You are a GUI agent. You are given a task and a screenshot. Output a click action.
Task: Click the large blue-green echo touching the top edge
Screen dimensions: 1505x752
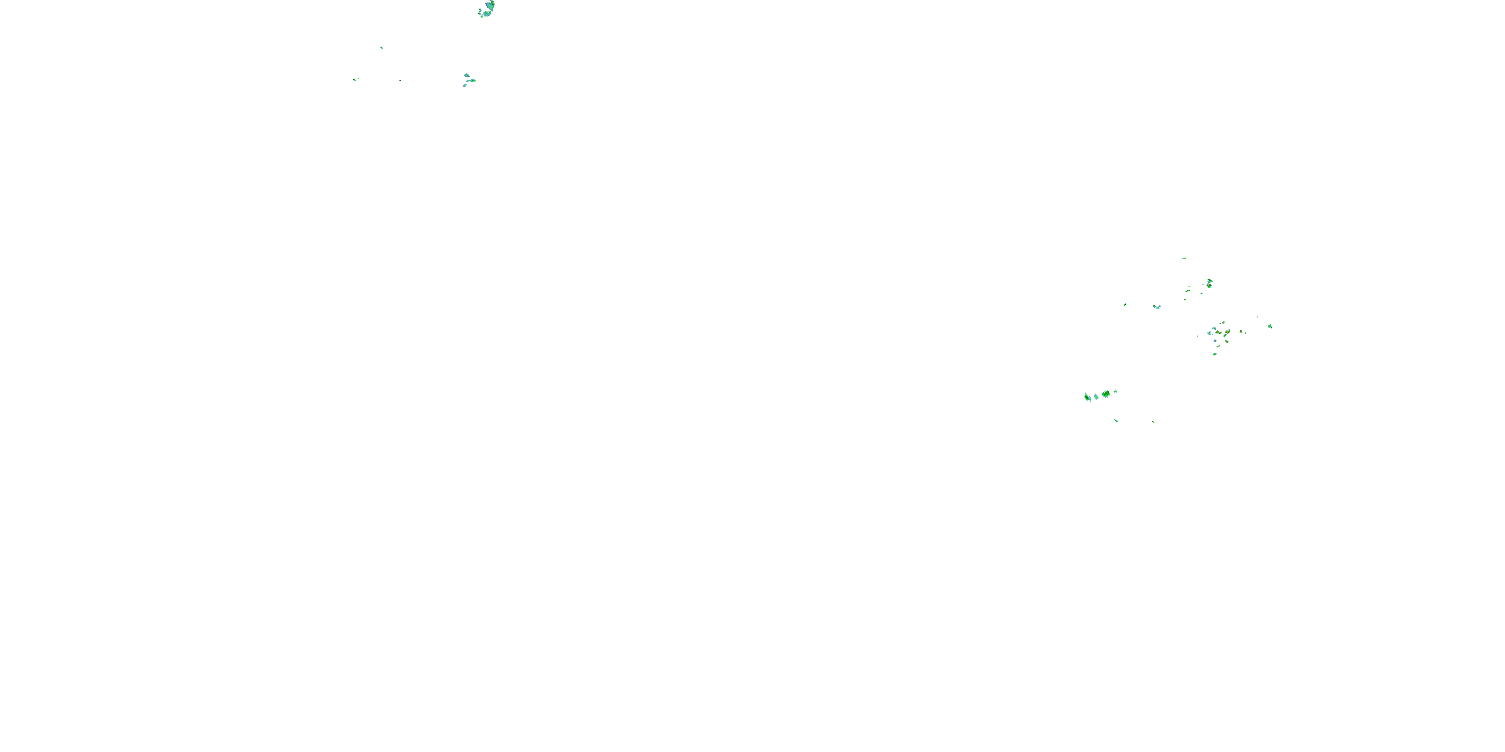pyautogui.click(x=487, y=8)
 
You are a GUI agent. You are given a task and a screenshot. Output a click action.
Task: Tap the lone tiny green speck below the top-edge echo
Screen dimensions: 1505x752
pyautogui.click(x=381, y=47)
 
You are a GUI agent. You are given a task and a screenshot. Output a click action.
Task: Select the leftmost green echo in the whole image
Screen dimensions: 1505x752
pyautogui.click(x=355, y=79)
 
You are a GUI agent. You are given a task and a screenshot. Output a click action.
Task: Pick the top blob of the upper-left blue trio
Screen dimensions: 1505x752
pyautogui.click(x=466, y=75)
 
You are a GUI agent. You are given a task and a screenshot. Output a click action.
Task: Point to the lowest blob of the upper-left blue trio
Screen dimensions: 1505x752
pyautogui.click(x=465, y=86)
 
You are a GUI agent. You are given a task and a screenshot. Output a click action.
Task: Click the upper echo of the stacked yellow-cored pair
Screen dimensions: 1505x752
pyautogui.click(x=1210, y=281)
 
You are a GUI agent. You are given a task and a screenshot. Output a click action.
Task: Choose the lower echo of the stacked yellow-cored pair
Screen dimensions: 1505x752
pyautogui.click(x=1209, y=286)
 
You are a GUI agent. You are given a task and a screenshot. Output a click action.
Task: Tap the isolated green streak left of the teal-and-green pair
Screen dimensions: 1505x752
pyautogui.click(x=1125, y=305)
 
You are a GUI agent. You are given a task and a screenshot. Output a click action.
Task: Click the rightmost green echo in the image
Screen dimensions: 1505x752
pyautogui.click(x=1270, y=326)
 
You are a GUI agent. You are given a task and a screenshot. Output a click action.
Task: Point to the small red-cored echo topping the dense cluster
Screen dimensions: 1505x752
pyautogui.click(x=1222, y=323)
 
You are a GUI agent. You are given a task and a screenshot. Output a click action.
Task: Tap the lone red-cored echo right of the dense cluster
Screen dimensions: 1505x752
pyautogui.click(x=1240, y=331)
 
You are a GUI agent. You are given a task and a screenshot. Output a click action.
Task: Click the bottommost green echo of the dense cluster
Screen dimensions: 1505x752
pyautogui.click(x=1215, y=354)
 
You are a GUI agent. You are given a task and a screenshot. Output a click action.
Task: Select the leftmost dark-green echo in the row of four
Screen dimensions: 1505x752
pyautogui.click(x=1087, y=398)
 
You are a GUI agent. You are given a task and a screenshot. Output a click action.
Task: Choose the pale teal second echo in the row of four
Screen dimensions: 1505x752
pyautogui.click(x=1096, y=397)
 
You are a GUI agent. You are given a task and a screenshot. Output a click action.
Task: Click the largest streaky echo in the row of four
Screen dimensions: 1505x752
pyautogui.click(x=1105, y=394)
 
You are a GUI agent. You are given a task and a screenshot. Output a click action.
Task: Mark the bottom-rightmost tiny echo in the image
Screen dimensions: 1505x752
pyautogui.click(x=1153, y=422)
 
